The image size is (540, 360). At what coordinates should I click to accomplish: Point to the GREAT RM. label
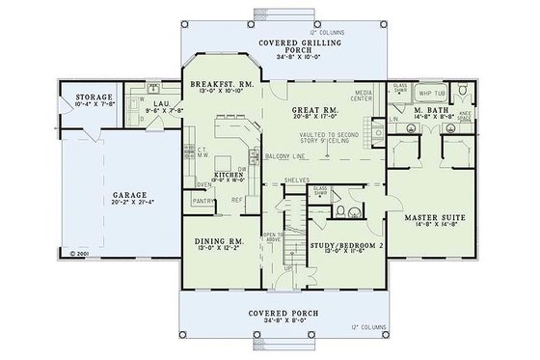pyautogui.click(x=312, y=112)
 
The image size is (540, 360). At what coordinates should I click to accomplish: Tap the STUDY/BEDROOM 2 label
pyautogui.click(x=346, y=246)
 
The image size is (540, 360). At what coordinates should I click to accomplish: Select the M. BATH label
pyautogui.click(x=425, y=111)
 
